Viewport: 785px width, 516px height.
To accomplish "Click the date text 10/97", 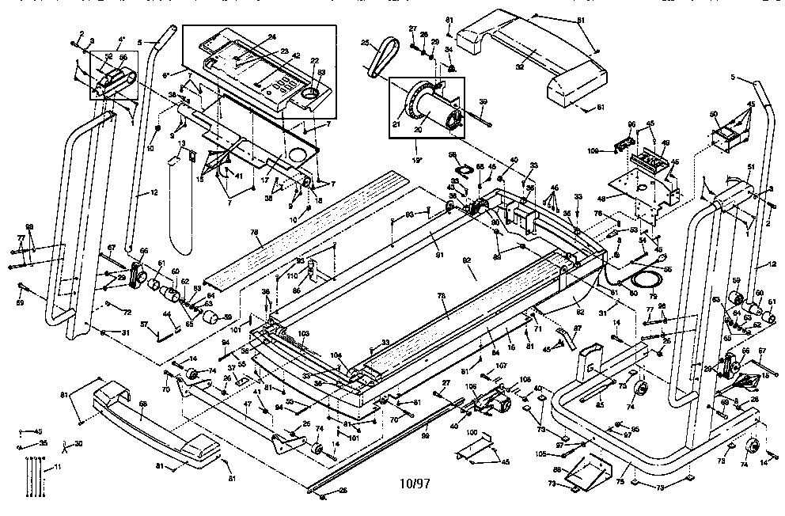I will point(415,481).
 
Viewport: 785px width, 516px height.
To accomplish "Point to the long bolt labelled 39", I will point(472,116).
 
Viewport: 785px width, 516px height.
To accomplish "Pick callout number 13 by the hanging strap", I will point(181,144).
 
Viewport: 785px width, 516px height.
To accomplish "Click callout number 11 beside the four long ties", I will point(57,469).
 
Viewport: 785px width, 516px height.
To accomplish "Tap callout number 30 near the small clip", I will point(78,444).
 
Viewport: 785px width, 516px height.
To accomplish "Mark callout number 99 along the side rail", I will point(425,437).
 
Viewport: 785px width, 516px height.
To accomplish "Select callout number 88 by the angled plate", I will point(556,470).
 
